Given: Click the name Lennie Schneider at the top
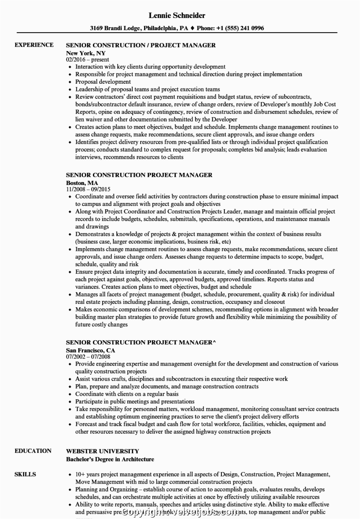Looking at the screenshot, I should click(177, 15).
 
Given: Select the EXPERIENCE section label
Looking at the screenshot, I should click(34, 45).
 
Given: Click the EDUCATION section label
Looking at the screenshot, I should click(33, 451).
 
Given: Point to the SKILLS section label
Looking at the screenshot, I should click(25, 474).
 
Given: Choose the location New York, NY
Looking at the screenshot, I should click(86, 53).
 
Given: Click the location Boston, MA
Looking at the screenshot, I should click(82, 183).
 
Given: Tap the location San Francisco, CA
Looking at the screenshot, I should click(90, 350).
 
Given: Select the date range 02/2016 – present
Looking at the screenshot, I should click(87, 59).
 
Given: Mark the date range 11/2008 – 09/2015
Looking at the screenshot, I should click(88, 189).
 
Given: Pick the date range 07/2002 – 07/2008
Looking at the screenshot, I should click(88, 356).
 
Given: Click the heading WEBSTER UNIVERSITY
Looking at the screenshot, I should click(102, 451).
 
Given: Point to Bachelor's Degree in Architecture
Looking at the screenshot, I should click(110, 459).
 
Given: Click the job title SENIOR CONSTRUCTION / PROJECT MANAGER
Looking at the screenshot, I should click(141, 45).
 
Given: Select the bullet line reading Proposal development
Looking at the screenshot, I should click(103, 82).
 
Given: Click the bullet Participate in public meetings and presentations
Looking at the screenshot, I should click(135, 402).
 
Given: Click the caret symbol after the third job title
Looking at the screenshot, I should click(215, 342).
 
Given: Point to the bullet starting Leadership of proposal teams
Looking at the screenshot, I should click(147, 89).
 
